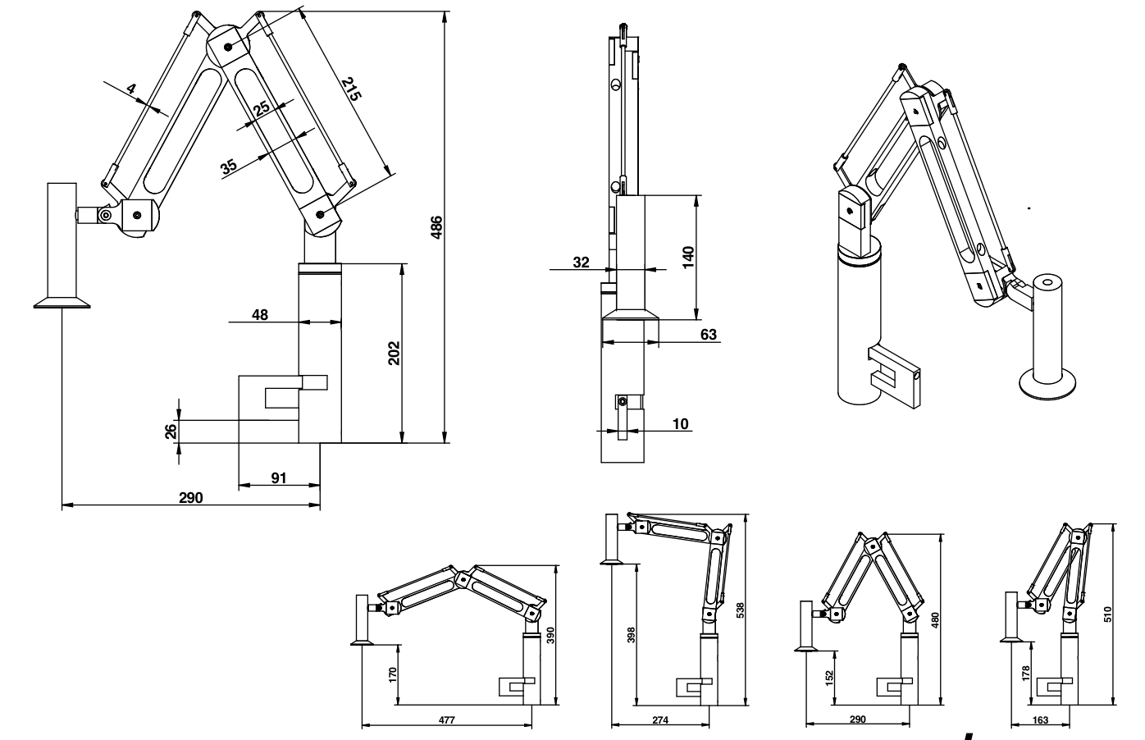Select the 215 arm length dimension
tap(351, 89)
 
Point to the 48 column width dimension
tap(260, 314)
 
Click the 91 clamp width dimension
tap(279, 478)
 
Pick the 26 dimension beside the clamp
tap(171, 432)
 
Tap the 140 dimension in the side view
tap(688, 257)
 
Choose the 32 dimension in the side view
tap(581, 263)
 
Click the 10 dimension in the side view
tap(681, 423)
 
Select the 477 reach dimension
tap(446, 719)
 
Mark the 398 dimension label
tap(631, 634)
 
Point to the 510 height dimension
tap(1107, 614)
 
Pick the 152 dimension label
tap(829, 676)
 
